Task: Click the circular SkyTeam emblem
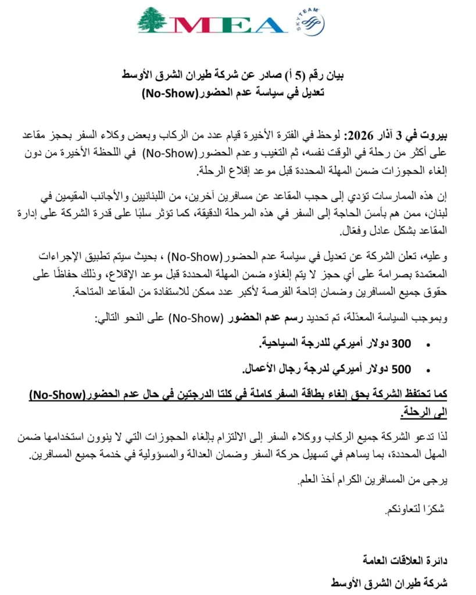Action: [x=314, y=24]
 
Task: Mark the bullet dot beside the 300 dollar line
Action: [x=428, y=345]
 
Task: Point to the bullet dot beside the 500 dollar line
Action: [x=428, y=370]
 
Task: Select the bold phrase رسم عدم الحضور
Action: [x=256, y=318]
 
